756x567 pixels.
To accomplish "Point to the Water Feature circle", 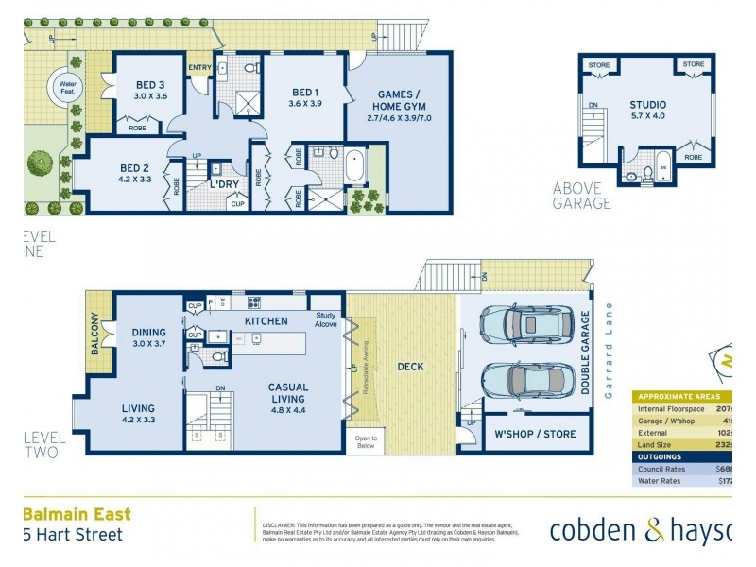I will click(x=68, y=86).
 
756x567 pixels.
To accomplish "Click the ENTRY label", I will click(x=199, y=67).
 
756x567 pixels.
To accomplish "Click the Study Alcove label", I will click(x=326, y=320).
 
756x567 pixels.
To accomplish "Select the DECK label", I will click(x=410, y=367).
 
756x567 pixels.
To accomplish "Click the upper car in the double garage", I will click(x=524, y=323).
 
